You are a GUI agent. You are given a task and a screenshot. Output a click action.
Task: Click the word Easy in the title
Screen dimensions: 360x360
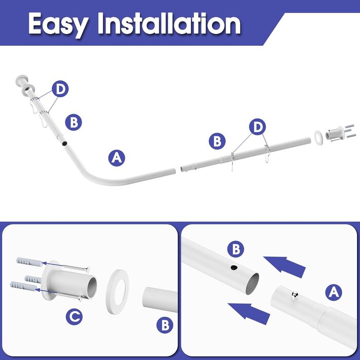(x=59, y=24)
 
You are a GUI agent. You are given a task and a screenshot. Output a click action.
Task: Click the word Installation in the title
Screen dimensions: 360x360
(x=169, y=23)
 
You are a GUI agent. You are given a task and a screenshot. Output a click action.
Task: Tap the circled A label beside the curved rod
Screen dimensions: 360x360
(x=117, y=158)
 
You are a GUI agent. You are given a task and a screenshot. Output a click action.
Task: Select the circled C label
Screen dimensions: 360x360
(x=74, y=317)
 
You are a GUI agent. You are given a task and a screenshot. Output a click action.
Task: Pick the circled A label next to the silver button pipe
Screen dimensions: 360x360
(x=334, y=293)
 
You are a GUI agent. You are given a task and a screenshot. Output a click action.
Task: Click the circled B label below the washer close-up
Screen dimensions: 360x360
(x=165, y=325)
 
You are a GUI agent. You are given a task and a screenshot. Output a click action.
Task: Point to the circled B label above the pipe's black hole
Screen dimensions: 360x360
(x=236, y=249)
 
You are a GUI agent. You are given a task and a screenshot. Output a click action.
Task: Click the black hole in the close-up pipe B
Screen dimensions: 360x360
(x=234, y=267)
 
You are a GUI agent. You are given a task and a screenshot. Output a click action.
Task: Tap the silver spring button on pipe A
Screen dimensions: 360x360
(x=295, y=296)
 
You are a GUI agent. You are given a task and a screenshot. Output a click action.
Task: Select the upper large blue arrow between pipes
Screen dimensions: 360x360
(x=285, y=266)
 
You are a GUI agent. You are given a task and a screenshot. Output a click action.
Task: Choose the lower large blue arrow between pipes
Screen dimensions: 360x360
(x=249, y=313)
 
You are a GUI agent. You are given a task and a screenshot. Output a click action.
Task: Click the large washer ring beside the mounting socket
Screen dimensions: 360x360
(x=117, y=292)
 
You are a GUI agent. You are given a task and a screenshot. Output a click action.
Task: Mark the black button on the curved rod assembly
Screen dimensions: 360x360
(x=64, y=143)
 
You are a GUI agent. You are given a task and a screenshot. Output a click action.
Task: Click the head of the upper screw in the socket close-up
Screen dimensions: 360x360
(x=87, y=269)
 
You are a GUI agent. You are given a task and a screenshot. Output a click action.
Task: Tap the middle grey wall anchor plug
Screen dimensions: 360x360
(x=33, y=279)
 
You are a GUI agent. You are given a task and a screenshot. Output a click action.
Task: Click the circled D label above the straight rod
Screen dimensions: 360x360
(x=257, y=127)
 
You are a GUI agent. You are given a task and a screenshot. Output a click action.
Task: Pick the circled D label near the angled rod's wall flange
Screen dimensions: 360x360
(x=60, y=88)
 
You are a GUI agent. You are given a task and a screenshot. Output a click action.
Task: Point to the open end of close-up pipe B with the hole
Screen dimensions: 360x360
(x=252, y=284)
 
